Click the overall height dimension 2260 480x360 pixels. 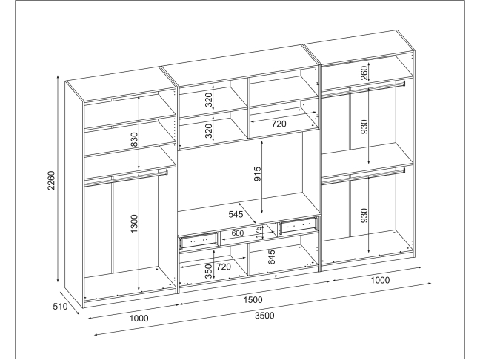click(x=50, y=182)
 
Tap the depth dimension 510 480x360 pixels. click(x=61, y=305)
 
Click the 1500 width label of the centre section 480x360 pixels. click(x=253, y=300)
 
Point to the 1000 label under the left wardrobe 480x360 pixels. click(x=139, y=319)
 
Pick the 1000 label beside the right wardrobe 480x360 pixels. click(x=380, y=281)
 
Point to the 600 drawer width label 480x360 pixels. click(x=238, y=233)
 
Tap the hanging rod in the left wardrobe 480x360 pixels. click(x=126, y=175)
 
